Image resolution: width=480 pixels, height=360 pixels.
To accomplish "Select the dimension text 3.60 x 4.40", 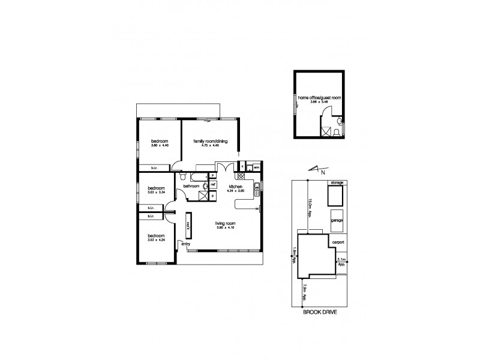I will [159, 146].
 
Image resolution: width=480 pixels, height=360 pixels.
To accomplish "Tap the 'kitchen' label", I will [235, 187].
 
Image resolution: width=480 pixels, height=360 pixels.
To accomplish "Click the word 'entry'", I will [185, 244].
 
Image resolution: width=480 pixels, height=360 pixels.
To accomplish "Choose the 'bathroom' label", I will [191, 187].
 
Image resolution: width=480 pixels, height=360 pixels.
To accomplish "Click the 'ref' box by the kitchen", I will [212, 185].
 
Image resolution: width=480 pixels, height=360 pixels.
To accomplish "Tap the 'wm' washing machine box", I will [256, 167].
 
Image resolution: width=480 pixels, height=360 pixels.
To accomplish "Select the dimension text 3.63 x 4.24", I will [157, 240].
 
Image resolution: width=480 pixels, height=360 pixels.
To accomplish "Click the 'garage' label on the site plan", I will [336, 221].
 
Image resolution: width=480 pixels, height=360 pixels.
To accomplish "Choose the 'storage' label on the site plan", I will [335, 182].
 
